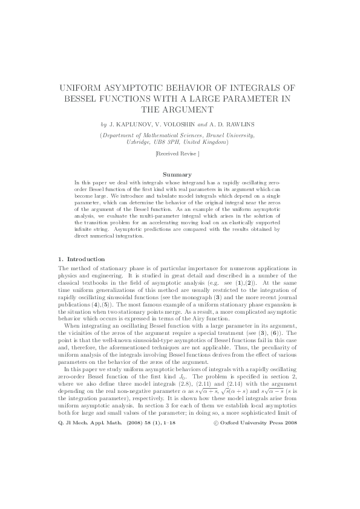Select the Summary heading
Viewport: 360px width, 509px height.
click(180, 175)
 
